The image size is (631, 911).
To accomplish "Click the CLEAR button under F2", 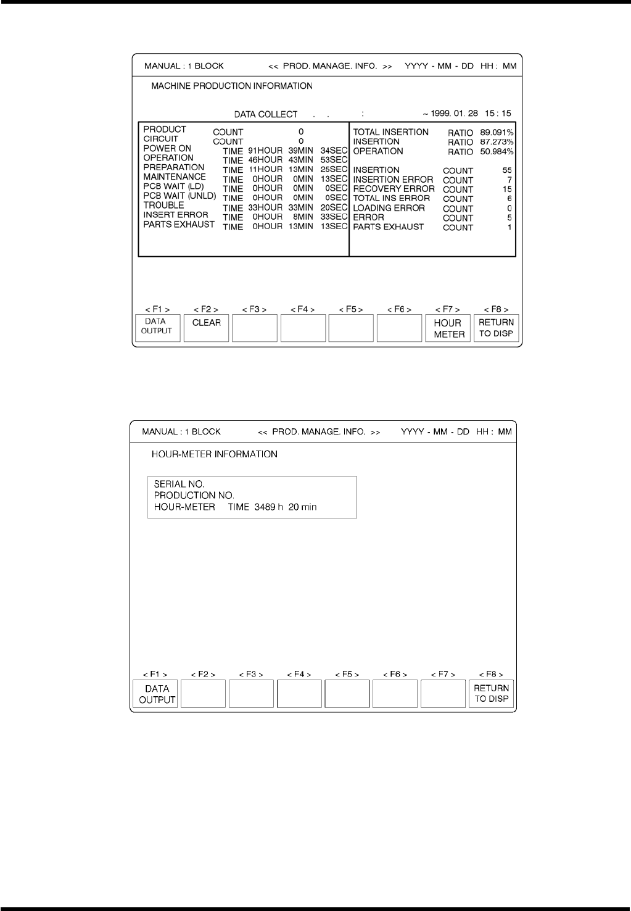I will coord(207,328).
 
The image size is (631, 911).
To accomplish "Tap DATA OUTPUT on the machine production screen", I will coord(157,328).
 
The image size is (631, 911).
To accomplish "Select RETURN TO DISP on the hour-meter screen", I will coord(492,693).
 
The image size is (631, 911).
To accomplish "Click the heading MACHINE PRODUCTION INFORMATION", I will coord(232,86).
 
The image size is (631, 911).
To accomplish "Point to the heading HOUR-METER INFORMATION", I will coord(215,454).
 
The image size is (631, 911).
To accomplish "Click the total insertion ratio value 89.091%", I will coord(497,132).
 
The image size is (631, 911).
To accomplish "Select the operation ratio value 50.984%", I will coord(497,152).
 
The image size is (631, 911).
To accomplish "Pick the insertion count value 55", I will coord(507,170).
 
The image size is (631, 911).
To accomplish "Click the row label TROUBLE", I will coord(163,205).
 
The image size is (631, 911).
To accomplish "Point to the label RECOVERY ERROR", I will coord(394,189).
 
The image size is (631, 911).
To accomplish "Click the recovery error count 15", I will coord(507,189).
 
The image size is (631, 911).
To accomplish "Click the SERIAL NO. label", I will coord(179,485).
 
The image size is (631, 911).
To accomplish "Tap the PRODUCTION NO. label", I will coord(194,496).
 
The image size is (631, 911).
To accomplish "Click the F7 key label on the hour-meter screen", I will coord(443,675).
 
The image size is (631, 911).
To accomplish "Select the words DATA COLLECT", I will coord(265,114).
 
